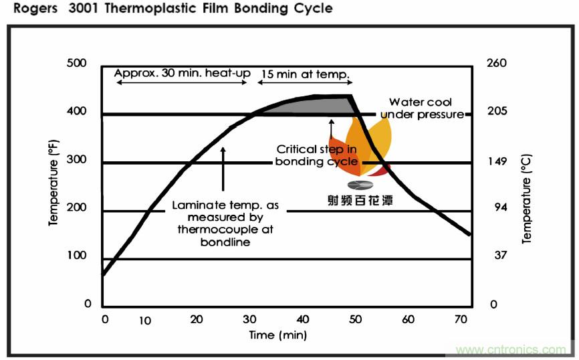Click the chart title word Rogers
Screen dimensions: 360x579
click(x=25, y=9)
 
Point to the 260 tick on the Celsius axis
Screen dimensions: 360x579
click(x=498, y=64)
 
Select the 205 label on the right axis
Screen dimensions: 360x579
click(x=498, y=111)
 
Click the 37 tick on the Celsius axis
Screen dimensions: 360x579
click(x=498, y=255)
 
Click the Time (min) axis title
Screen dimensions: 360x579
click(x=278, y=334)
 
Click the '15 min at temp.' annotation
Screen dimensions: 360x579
click(x=306, y=74)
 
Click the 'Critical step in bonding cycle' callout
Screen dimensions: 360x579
click(x=316, y=155)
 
